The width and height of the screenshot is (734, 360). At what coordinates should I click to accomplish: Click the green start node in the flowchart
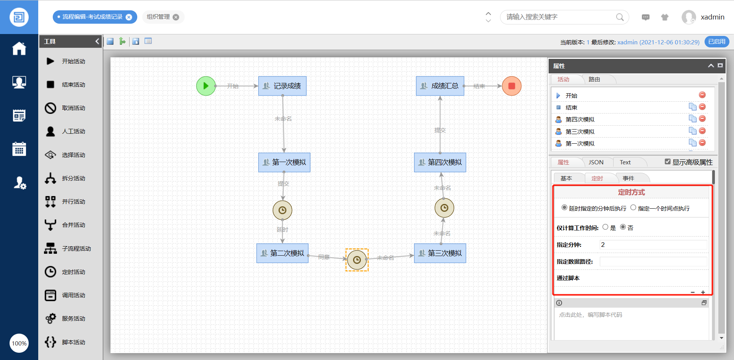tap(206, 86)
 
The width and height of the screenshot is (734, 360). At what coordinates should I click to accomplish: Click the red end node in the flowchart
tap(512, 86)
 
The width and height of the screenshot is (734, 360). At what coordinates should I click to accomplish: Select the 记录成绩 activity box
tap(283, 86)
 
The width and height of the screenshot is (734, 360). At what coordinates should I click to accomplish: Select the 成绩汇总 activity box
tap(440, 86)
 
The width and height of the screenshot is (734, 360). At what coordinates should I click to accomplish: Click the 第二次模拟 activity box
tap(283, 253)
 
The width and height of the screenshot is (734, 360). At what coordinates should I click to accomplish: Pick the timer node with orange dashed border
tap(357, 260)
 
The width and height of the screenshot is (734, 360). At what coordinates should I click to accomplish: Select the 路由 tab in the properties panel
tap(594, 79)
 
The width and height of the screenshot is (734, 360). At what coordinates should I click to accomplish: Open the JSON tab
tap(596, 162)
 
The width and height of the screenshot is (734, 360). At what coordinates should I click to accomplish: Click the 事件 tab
tap(628, 178)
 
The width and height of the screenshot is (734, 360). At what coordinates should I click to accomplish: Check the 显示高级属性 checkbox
tap(667, 162)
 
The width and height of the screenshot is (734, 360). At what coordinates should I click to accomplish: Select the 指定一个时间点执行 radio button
tap(633, 208)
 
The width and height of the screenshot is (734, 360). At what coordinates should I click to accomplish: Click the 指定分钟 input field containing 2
tap(653, 245)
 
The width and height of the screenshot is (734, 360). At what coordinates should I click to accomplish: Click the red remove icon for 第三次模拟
tap(702, 131)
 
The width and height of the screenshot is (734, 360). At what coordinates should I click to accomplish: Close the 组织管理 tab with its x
tap(176, 17)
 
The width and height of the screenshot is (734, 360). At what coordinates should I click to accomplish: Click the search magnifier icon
tap(620, 17)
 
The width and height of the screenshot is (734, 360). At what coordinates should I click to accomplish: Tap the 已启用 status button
tap(716, 42)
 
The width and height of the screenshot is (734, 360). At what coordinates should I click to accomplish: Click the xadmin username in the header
tap(712, 17)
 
